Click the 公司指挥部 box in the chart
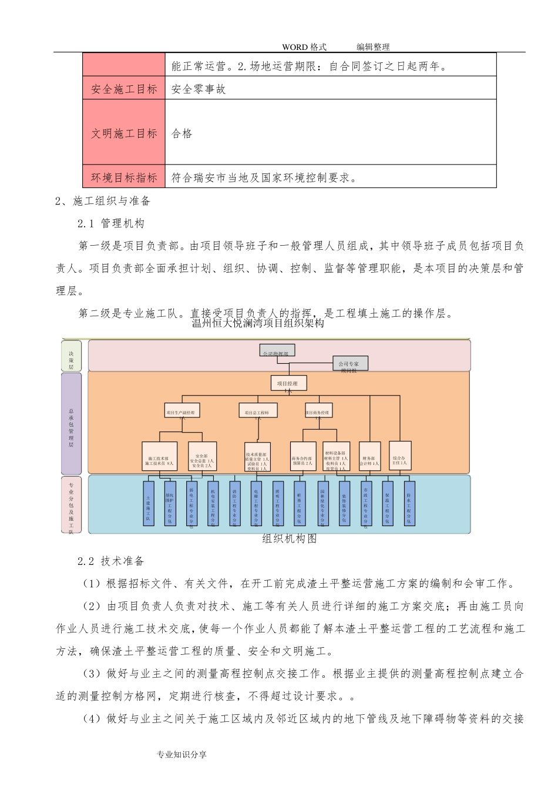click(277, 351)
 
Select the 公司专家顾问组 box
click(350, 365)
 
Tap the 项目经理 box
click(288, 384)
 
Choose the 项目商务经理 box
click(320, 413)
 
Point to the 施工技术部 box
click(160, 457)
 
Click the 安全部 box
click(203, 457)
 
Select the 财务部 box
click(369, 457)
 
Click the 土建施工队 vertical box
click(149, 504)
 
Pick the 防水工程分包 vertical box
click(409, 504)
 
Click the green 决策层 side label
click(71, 356)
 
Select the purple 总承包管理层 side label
click(71, 423)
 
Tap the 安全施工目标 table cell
click(124, 89)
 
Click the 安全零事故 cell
click(199, 89)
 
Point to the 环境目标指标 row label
click(124, 178)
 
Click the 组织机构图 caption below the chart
click(289, 538)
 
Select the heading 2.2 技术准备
click(111, 561)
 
